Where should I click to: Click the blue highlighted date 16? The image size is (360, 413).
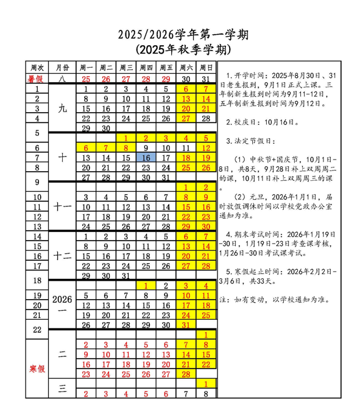(146, 157)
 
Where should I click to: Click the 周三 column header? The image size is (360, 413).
(127, 68)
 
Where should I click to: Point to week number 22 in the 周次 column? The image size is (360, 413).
(37, 330)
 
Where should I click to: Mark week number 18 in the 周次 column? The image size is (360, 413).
(37, 280)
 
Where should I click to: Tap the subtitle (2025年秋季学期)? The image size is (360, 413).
(180, 48)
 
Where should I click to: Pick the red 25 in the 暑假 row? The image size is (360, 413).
(86, 79)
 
